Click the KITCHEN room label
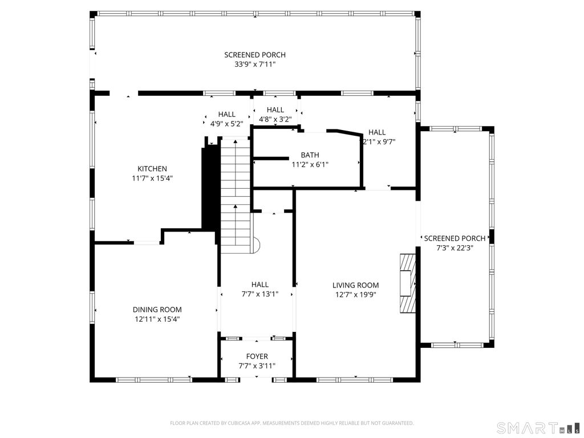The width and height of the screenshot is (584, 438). [x=152, y=169]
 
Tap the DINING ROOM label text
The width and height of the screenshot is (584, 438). [x=157, y=310]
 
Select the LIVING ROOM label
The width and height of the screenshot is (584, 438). [x=355, y=285]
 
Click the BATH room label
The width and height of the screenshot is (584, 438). [x=310, y=155]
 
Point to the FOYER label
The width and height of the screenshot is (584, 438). [x=257, y=356]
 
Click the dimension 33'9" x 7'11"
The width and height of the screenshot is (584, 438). [x=254, y=64]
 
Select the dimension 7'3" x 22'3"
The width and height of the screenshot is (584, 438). [x=455, y=248]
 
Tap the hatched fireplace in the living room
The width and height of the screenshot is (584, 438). [x=407, y=283]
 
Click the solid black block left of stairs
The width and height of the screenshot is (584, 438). [x=209, y=188]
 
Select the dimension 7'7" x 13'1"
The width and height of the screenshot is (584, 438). [x=259, y=294]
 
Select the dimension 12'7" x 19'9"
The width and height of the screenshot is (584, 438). [x=355, y=295]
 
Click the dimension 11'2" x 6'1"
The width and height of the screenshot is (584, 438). [x=310, y=164]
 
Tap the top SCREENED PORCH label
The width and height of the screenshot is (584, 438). [x=254, y=55]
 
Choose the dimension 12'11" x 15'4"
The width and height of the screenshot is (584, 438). [x=157, y=319]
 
